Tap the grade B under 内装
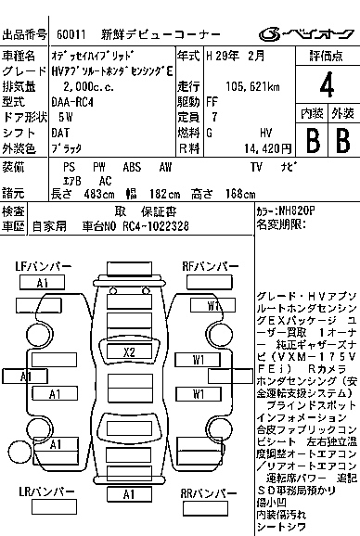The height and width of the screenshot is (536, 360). [312, 141]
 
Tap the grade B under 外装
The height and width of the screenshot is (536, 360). [341, 141]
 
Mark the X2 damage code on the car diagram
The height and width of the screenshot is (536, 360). [129, 352]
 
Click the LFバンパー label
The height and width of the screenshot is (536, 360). [44, 267]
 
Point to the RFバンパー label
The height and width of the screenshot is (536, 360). [211, 267]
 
